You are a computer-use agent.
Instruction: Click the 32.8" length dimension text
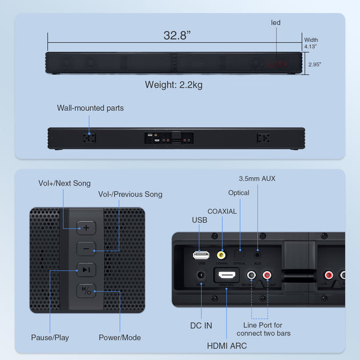point(177,35)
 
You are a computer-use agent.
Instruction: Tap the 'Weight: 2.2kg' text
point(173,85)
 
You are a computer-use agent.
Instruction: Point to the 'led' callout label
point(276,23)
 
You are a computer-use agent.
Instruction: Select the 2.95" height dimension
point(315,65)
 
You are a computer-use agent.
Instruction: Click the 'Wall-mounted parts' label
point(90,108)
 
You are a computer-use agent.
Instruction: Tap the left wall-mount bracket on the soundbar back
point(89,138)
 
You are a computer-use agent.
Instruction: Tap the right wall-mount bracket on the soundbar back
point(263,138)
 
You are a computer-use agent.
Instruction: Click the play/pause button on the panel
point(86,269)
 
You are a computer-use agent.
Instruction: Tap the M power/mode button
point(86,290)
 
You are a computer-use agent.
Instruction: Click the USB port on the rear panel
point(201,255)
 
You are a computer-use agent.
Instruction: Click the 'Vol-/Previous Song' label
point(130,194)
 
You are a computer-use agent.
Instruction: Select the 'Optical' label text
point(239,193)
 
